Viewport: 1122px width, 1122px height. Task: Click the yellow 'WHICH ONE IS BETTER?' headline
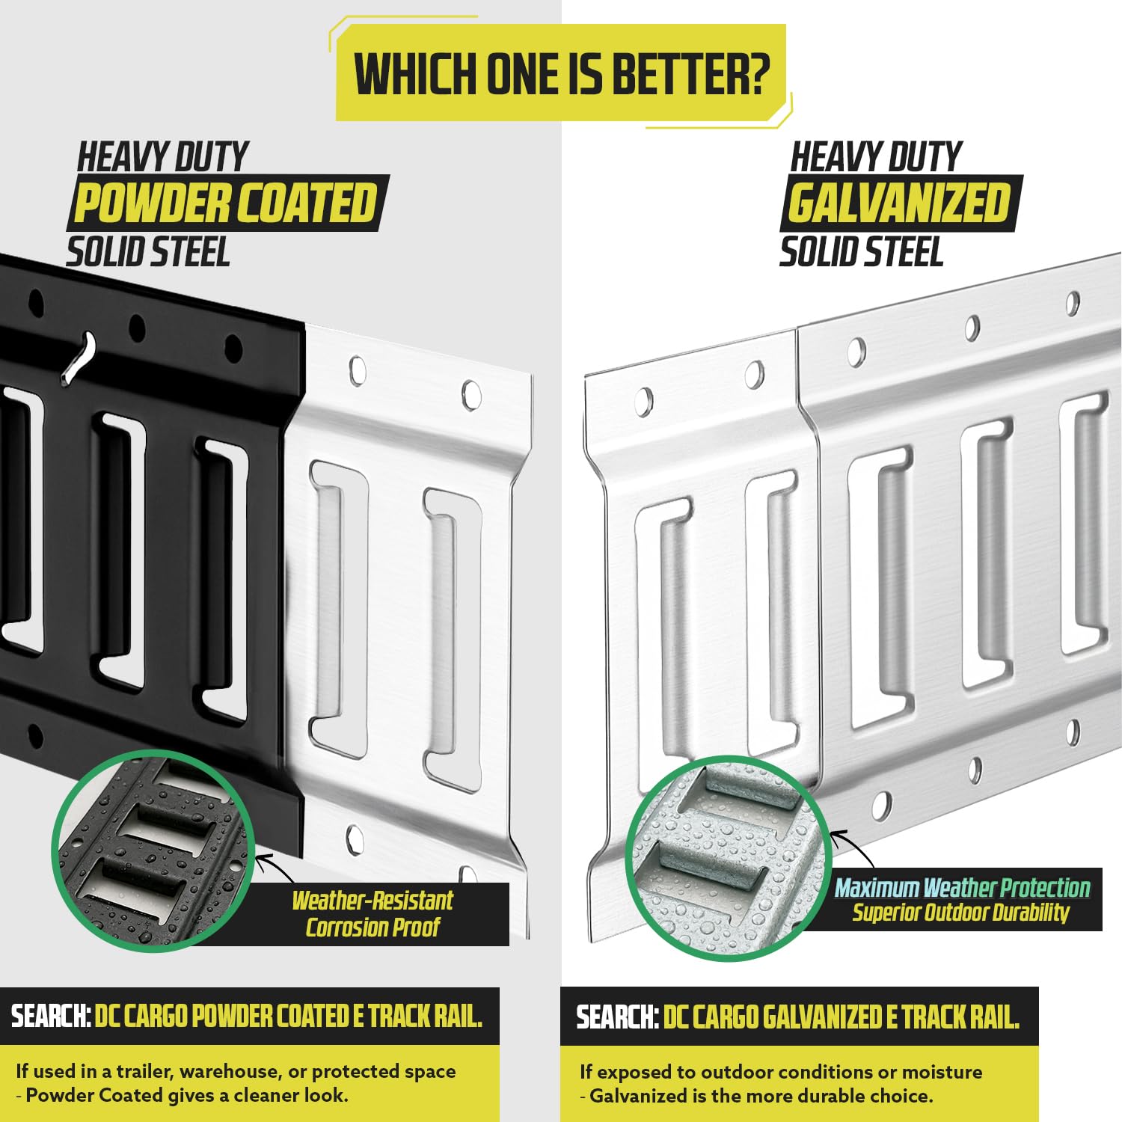click(x=562, y=74)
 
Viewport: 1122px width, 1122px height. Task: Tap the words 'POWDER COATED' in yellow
click(x=225, y=203)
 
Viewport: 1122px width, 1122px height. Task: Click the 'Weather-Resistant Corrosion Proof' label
click(x=373, y=913)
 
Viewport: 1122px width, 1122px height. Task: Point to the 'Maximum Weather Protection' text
click(x=962, y=888)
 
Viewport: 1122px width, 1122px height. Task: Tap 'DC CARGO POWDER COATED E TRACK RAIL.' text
click(x=289, y=1016)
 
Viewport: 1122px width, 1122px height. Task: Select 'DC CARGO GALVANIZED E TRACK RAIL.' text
click(x=841, y=1017)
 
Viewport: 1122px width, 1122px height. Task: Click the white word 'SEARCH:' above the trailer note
click(x=51, y=1016)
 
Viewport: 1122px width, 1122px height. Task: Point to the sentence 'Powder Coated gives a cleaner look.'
click(x=187, y=1096)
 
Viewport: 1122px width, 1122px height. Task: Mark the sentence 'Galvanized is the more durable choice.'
click(x=761, y=1097)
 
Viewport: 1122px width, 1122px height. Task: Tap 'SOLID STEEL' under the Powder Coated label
click(x=148, y=252)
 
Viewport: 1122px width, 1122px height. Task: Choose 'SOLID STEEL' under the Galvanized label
click(x=861, y=252)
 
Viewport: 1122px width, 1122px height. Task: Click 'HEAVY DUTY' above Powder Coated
click(x=163, y=157)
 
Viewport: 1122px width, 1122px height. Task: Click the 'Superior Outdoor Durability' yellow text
click(x=961, y=913)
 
